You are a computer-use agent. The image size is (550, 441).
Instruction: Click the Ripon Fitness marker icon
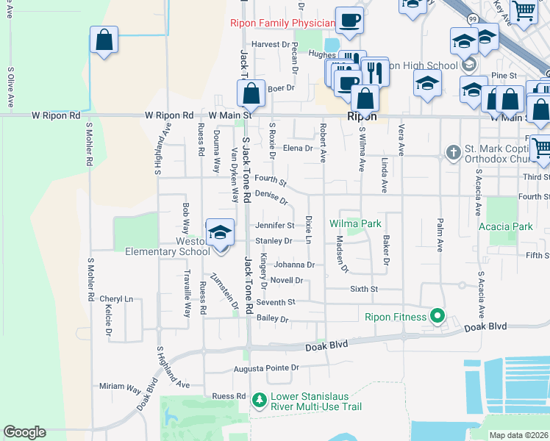coord(438,317)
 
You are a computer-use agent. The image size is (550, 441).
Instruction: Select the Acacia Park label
coord(505,227)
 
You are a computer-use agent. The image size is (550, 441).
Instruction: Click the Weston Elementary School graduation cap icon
coord(218,234)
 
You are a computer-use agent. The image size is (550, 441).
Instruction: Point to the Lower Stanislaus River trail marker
coord(259,401)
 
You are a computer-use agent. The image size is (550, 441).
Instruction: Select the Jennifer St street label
coord(274,226)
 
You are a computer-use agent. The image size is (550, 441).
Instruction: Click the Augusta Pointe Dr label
coord(266,367)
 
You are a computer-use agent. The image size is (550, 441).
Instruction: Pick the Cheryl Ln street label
coord(117,299)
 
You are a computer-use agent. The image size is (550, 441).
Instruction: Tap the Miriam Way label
coord(120,386)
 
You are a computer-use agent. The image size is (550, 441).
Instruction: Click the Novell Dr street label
coord(287,280)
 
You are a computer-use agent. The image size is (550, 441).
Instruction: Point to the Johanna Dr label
coord(294,265)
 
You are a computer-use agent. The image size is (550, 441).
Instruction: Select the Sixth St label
coord(363,290)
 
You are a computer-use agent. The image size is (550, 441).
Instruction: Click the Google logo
coord(24,432)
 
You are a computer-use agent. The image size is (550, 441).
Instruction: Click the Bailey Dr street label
coord(273,319)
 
